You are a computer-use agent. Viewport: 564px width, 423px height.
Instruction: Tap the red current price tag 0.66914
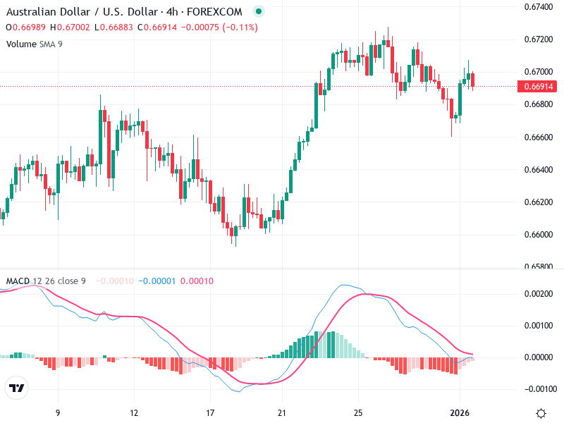(x=539, y=87)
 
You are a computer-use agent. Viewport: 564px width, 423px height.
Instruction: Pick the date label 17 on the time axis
(x=209, y=412)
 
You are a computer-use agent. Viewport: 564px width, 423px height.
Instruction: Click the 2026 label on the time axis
(x=460, y=412)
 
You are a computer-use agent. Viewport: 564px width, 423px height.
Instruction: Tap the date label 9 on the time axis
(x=58, y=412)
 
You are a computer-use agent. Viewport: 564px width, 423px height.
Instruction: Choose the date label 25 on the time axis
(x=358, y=412)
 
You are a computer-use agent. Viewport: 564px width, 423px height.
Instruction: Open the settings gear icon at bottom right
(x=541, y=412)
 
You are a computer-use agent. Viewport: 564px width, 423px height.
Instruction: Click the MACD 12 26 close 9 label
(x=46, y=281)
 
